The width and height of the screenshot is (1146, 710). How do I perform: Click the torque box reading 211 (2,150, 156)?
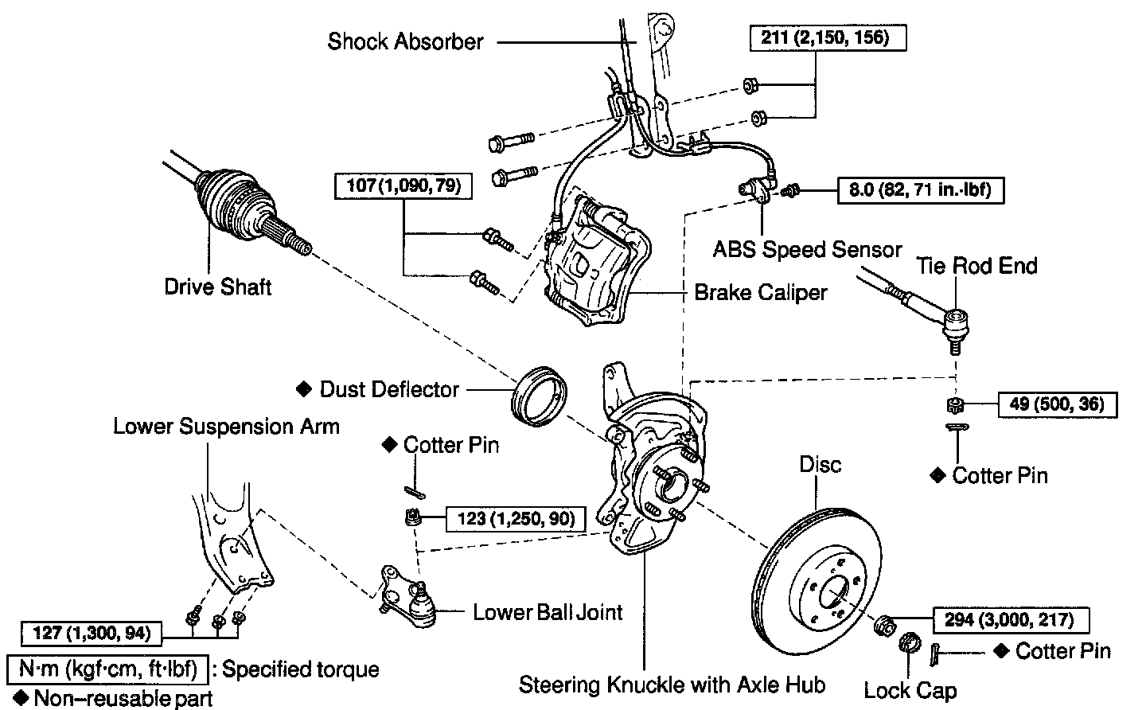click(828, 37)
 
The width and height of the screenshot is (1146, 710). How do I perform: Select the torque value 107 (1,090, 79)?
click(403, 186)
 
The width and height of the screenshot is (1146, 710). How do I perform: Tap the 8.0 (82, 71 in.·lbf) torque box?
click(920, 190)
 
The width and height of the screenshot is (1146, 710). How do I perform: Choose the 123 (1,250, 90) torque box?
click(516, 519)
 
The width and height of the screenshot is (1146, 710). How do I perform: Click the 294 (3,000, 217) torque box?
click(1010, 619)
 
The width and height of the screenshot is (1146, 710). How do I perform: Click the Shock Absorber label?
click(405, 41)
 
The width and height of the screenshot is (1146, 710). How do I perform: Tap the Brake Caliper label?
click(760, 292)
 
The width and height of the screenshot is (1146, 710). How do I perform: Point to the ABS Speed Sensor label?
click(807, 249)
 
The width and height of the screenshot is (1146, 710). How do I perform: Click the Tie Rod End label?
click(976, 265)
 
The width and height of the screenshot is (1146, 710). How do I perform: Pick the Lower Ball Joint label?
click(548, 612)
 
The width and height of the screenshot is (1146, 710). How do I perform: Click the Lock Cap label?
click(910, 689)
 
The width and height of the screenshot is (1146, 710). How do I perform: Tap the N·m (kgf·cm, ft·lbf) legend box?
click(107, 669)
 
